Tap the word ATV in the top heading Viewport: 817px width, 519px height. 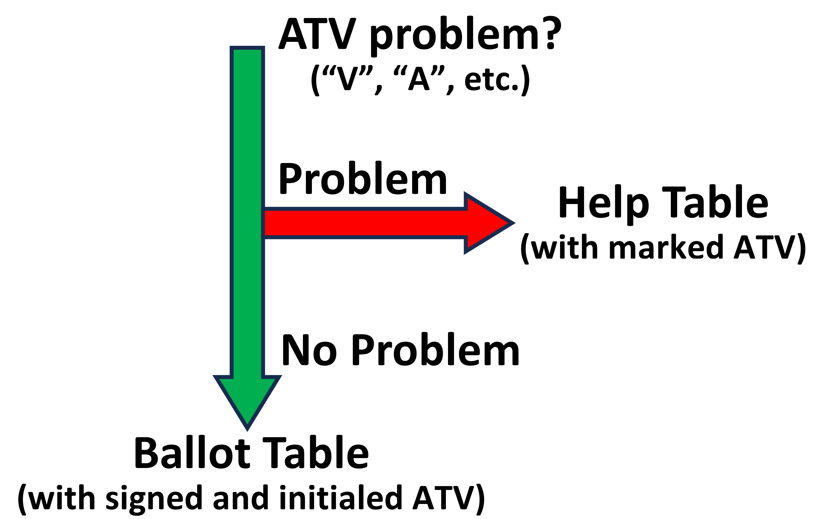[317, 34]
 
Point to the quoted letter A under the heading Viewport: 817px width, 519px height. [419, 78]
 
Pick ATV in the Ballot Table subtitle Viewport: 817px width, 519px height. [444, 498]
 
